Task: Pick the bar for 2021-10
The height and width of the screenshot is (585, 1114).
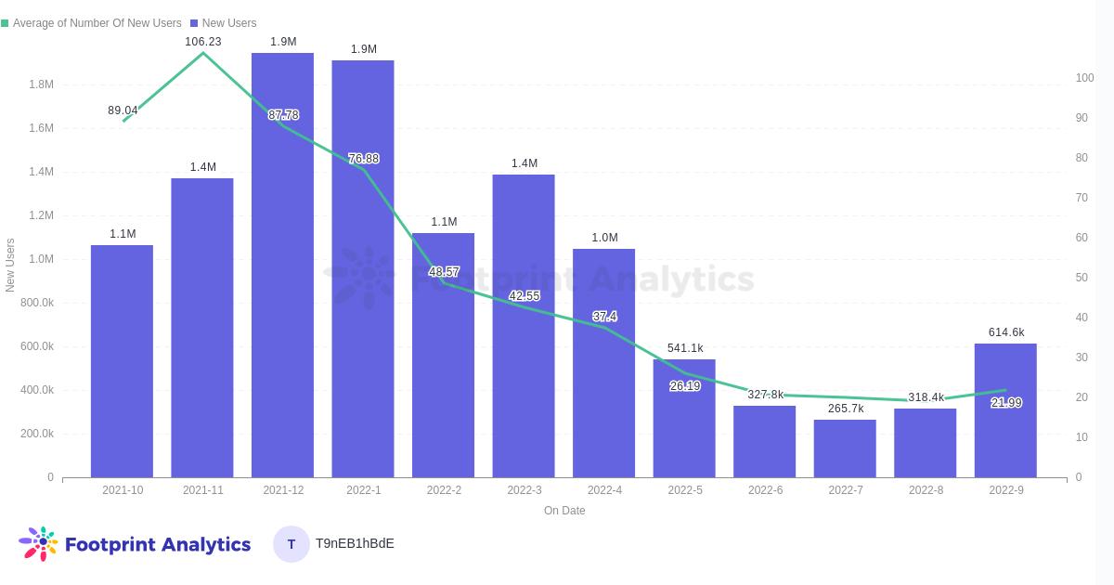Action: point(122,361)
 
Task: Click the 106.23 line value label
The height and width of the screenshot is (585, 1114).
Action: point(203,42)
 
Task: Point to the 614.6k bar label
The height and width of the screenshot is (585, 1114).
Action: point(1006,332)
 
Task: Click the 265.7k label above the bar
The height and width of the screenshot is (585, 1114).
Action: point(846,409)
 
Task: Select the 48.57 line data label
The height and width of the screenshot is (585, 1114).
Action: point(444,272)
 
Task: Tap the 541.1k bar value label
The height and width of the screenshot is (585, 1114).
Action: point(685,348)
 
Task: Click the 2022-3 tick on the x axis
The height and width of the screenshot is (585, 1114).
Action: point(525,490)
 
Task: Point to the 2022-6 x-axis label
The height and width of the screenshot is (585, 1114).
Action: point(765,490)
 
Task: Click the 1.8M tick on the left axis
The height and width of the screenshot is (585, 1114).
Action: point(41,84)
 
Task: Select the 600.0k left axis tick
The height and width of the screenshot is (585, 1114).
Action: point(37,346)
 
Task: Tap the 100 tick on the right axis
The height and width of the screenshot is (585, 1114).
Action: point(1084,78)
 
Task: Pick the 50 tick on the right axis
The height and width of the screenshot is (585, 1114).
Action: point(1082,278)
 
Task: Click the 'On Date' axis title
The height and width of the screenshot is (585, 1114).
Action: point(564,511)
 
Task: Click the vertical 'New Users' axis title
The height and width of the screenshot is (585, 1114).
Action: point(10,266)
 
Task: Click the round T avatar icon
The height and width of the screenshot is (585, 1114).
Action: point(291,544)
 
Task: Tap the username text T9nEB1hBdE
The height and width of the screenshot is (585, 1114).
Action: point(355,543)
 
